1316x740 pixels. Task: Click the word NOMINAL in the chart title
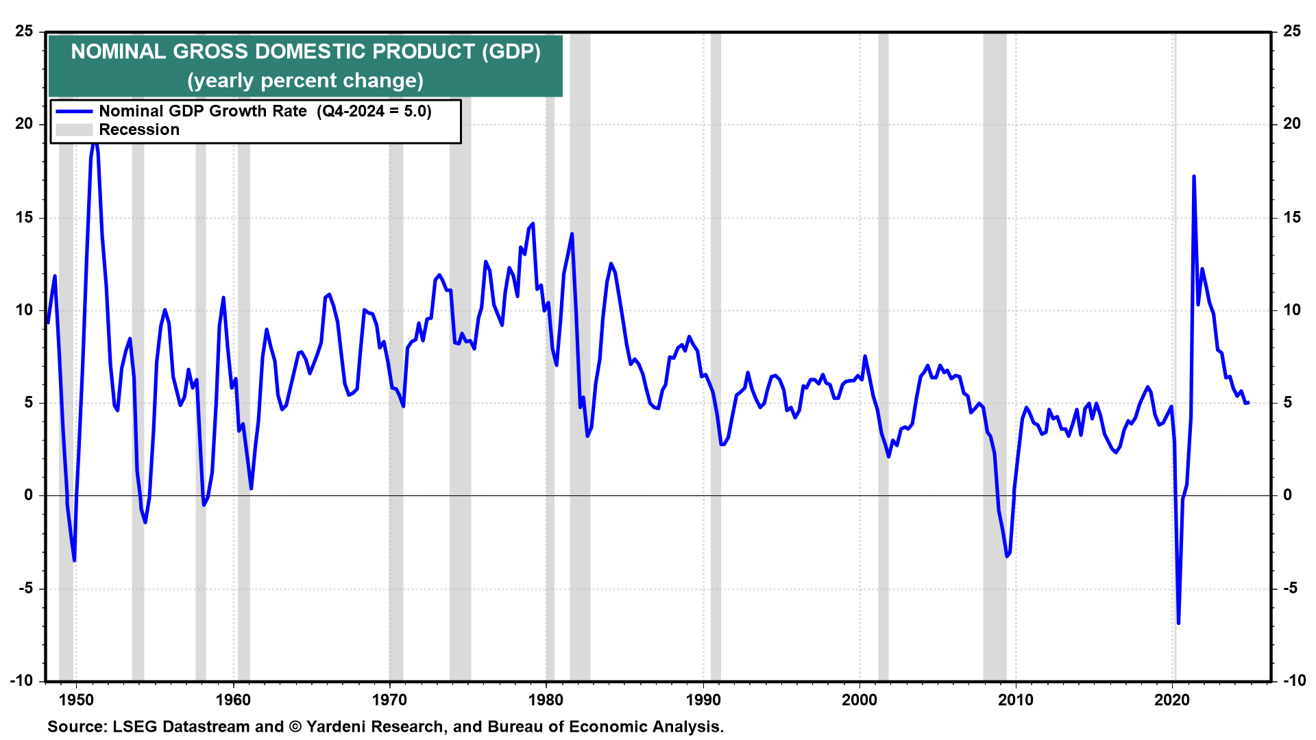[x=118, y=52]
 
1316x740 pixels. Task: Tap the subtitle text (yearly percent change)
[x=305, y=81]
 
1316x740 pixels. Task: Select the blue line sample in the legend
[x=74, y=112]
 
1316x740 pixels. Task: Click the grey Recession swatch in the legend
[x=74, y=130]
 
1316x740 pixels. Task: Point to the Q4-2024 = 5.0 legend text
[x=374, y=112]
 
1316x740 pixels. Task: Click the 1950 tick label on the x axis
[x=76, y=700]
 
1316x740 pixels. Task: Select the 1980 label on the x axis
[x=546, y=700]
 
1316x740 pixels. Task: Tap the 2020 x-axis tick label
[x=1172, y=700]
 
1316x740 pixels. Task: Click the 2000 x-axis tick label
[x=860, y=700]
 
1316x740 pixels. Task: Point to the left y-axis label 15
[x=25, y=218]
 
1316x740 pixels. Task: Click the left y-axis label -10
[x=22, y=680]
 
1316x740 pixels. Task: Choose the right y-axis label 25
[x=1292, y=32]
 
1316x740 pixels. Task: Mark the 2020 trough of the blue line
[x=1178, y=623]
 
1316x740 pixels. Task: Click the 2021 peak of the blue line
[x=1194, y=177]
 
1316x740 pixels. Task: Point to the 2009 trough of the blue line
[x=1007, y=556]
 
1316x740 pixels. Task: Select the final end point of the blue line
[x=1248, y=403]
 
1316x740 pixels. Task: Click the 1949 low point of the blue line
[x=74, y=560]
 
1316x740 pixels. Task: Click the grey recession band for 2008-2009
[x=995, y=274]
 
